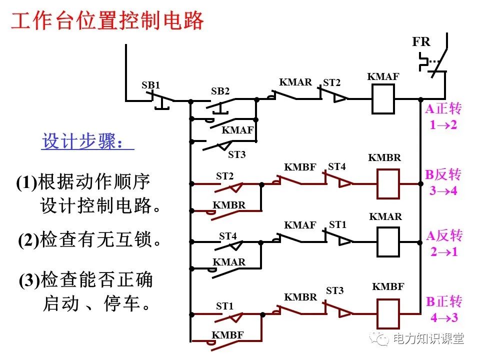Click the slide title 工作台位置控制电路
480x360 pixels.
coord(107,21)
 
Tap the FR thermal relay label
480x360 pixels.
coord(421,42)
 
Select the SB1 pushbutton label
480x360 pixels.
coord(150,85)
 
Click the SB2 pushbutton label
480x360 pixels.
coord(220,91)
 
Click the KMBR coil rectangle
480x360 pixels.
coord(387,184)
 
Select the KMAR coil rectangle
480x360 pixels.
coord(387,242)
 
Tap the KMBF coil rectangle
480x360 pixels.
coord(387,313)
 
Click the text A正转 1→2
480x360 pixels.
coord(443,116)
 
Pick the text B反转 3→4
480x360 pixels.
coord(443,182)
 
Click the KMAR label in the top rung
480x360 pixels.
coord(295,82)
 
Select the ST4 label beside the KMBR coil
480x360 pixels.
coord(336,166)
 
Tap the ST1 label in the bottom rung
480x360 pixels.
coord(224,306)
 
